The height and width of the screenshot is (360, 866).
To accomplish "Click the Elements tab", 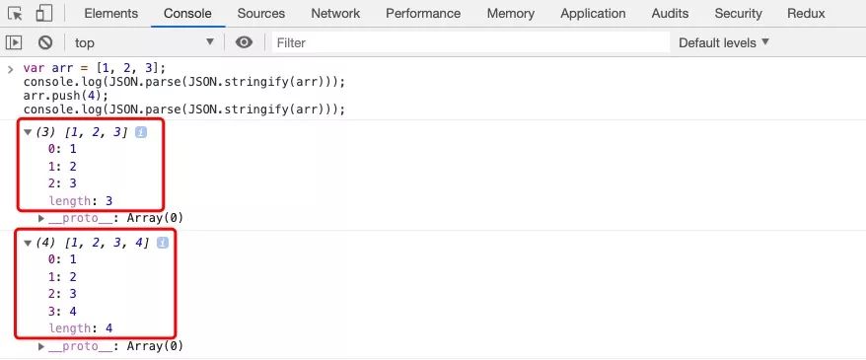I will point(109,14).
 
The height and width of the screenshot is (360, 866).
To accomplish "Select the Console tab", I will point(187,14).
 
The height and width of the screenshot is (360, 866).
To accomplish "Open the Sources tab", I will point(261,14).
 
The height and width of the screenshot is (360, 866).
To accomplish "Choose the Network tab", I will point(335,14).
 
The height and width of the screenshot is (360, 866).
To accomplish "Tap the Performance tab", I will point(423,14).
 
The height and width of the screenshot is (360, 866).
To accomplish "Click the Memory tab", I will point(511,14).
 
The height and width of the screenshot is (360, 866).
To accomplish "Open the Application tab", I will point(593,14).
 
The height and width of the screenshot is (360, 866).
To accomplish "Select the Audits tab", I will point(671,14).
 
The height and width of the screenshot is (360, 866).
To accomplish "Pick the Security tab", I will point(739,14).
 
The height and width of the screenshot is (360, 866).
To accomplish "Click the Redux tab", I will point(806,14).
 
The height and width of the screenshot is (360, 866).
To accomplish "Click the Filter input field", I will point(469,42).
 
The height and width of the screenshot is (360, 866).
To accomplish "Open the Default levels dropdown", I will point(724,42).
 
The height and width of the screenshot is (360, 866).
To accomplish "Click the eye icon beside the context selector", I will point(245,42).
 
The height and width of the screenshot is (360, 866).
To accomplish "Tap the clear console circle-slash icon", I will point(45,42).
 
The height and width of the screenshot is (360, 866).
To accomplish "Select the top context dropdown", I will point(144,42).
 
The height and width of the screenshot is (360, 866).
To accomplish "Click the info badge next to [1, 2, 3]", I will point(141,132).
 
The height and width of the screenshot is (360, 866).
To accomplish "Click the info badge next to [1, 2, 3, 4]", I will point(163,243).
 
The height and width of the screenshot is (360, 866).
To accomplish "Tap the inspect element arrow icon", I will point(15,14).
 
